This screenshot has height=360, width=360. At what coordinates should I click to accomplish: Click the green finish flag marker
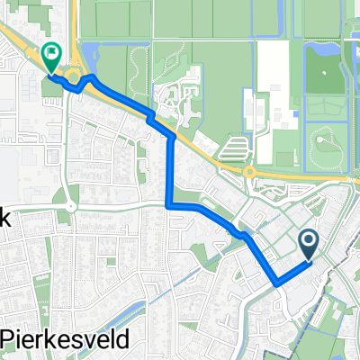click(x=50, y=58)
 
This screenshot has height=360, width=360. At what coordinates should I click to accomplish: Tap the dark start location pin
click(x=308, y=242)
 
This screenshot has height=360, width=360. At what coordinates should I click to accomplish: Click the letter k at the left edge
click(x=4, y=217)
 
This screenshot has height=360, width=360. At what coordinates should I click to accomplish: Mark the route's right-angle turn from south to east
click(x=170, y=206)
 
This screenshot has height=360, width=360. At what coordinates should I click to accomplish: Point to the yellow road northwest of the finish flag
click(x=18, y=40)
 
